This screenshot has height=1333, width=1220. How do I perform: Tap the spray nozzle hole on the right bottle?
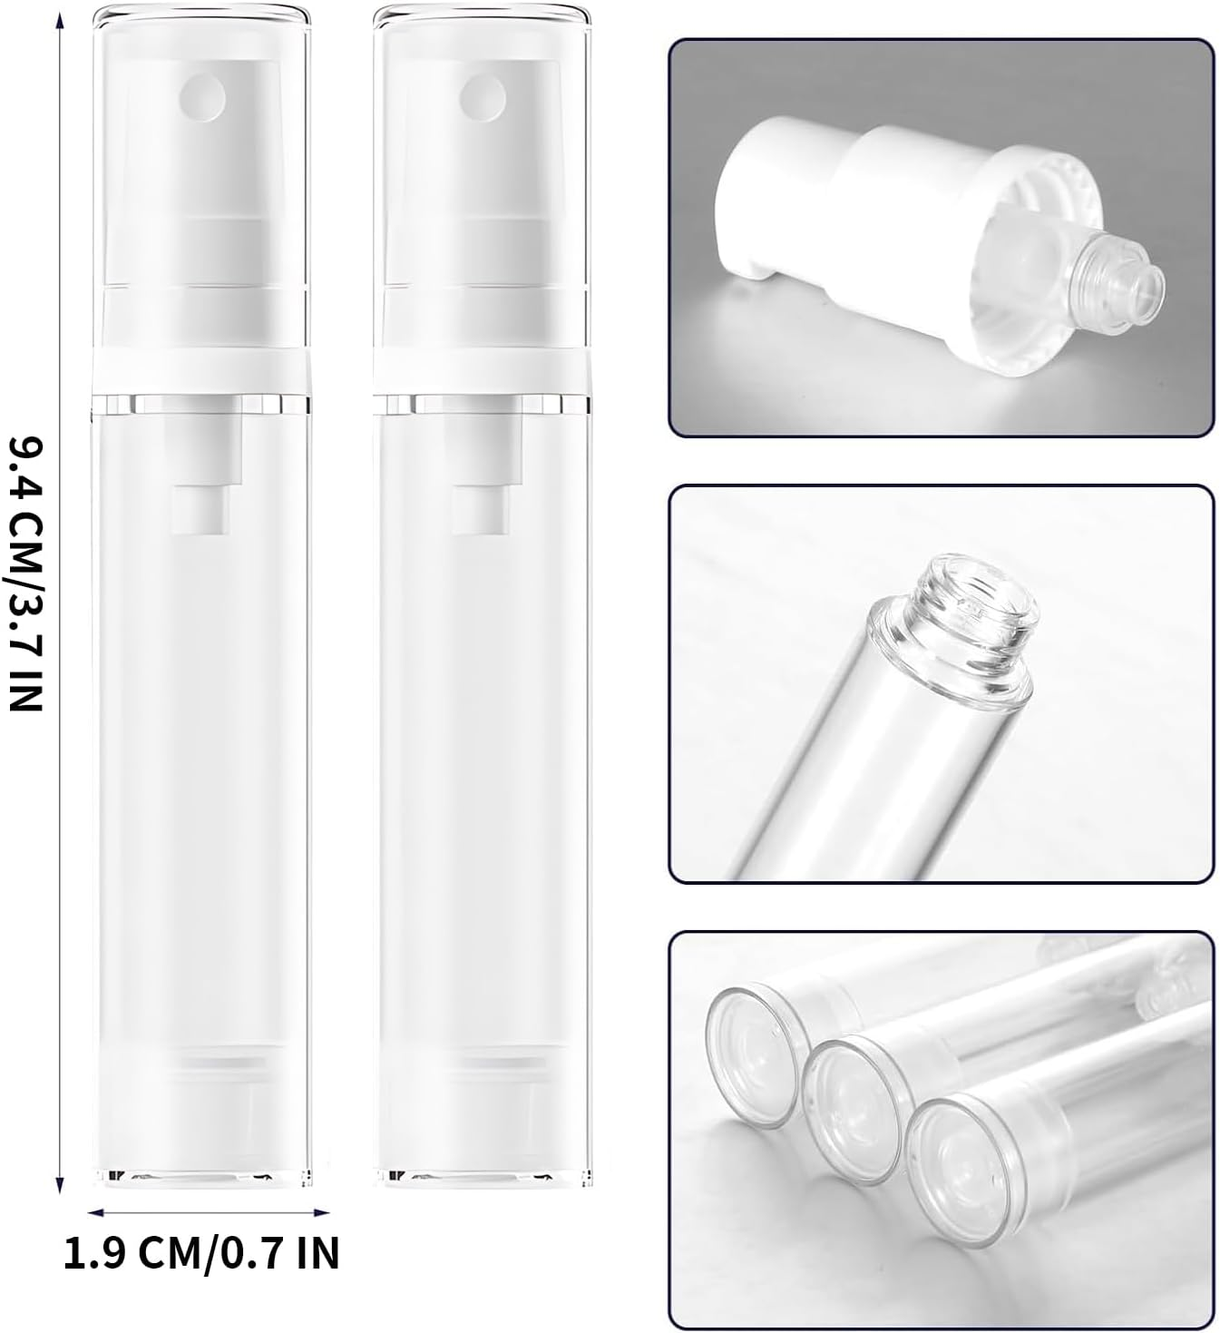pos(483,93)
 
